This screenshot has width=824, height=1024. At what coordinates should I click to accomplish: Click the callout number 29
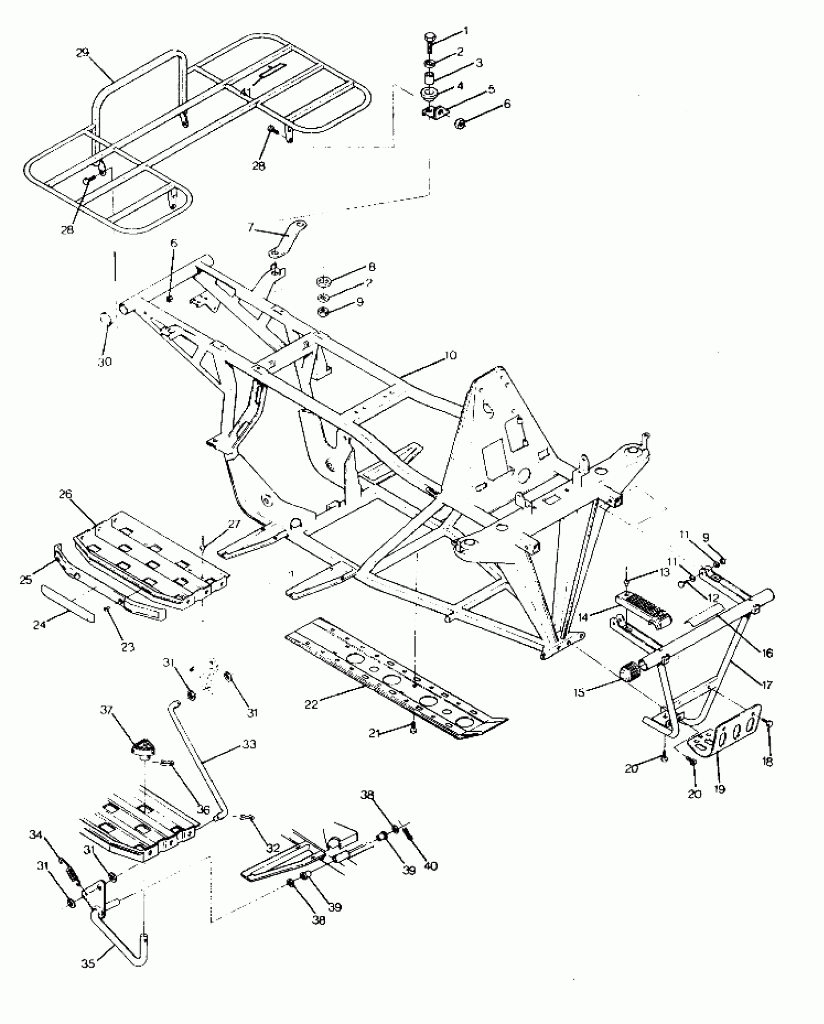[x=83, y=52]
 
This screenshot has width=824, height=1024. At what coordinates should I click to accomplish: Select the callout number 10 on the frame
[x=450, y=356]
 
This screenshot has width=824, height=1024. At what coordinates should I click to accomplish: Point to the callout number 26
[x=65, y=495]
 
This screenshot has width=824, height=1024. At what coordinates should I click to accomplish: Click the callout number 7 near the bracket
[x=251, y=227]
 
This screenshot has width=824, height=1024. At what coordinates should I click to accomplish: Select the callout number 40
[x=430, y=866]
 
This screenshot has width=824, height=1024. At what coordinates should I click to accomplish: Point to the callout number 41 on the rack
[x=246, y=92]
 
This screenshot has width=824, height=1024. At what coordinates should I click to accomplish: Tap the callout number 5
[x=491, y=89]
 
